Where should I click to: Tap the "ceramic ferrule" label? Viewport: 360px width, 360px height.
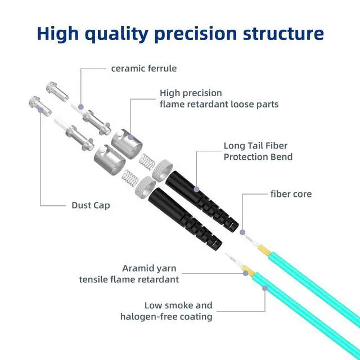coord(144,69)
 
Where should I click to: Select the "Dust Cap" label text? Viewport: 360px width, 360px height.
coord(91,205)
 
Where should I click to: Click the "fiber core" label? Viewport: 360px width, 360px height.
coord(291,194)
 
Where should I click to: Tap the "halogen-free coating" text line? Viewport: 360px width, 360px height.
coord(166,317)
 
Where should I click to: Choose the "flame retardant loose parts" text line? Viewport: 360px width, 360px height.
coord(219,104)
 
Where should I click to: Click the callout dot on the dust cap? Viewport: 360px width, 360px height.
coord(39,111)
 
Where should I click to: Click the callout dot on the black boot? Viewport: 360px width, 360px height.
coord(196,190)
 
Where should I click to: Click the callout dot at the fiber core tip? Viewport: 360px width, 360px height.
coord(242,232)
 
